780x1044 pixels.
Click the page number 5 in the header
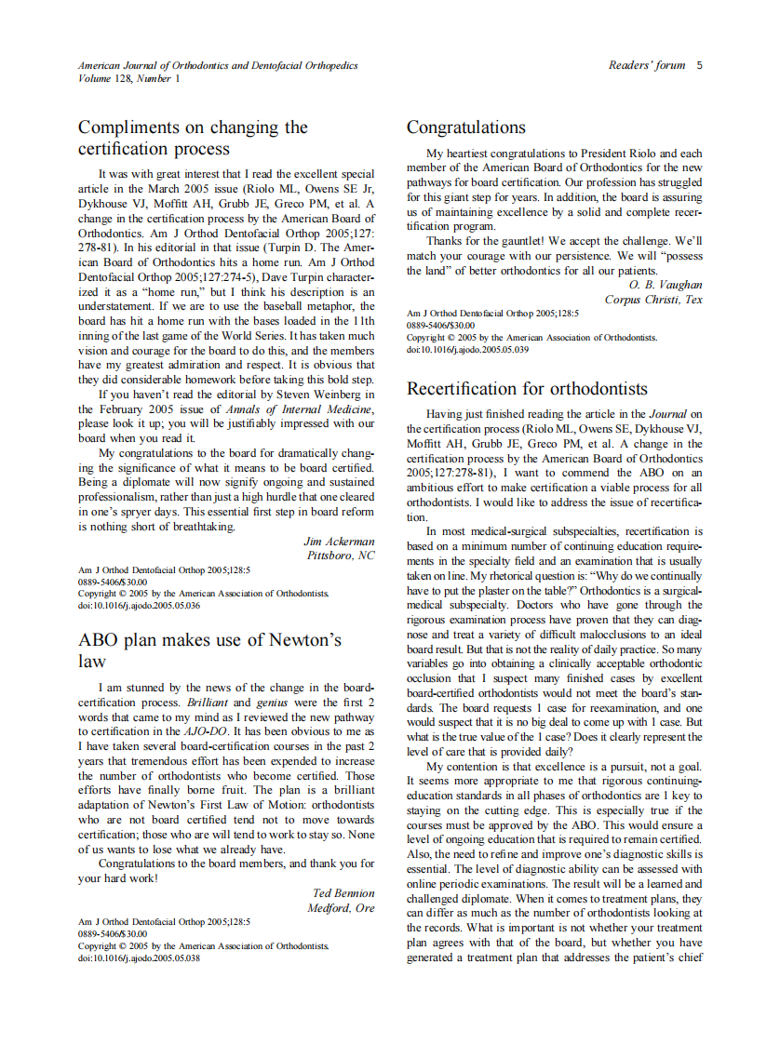pos(699,65)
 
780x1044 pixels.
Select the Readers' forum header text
pos(647,65)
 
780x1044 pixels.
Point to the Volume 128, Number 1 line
pos(129,78)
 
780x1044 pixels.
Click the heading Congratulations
pos(465,127)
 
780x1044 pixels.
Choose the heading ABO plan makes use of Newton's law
pos(209,650)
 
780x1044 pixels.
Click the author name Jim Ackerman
pos(339,541)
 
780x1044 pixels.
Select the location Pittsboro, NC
pos(341,555)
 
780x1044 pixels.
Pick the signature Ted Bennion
pos(343,893)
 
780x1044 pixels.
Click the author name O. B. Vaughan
pos(666,285)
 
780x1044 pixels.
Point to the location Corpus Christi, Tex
pos(653,300)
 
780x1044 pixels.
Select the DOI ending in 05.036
pos(139,605)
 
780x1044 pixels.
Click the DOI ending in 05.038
pos(139,957)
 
